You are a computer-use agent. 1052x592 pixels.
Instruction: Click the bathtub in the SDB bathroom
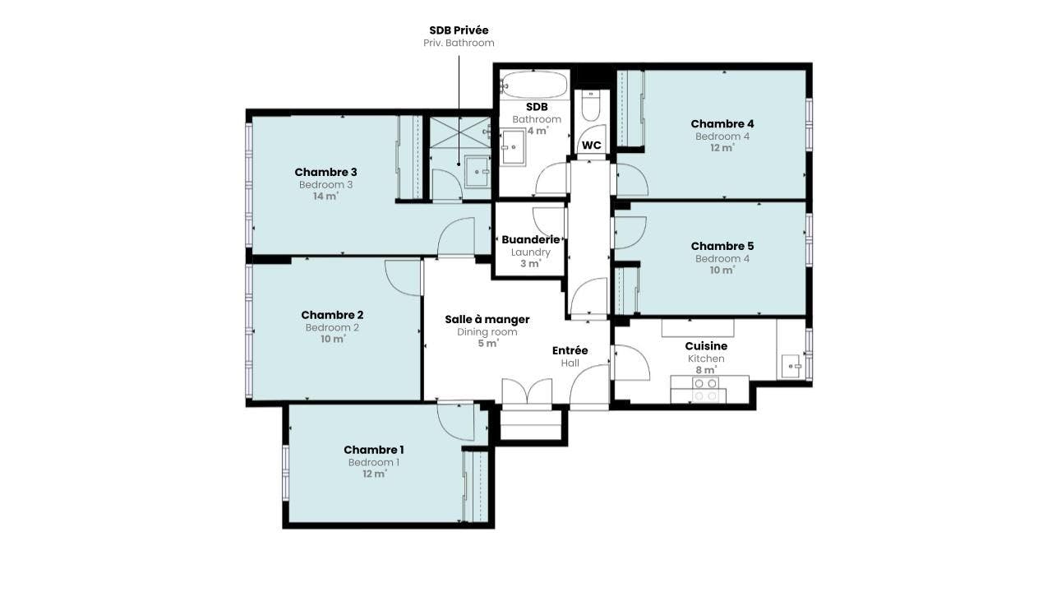[x=534, y=84]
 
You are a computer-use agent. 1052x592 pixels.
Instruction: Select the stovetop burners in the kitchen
[x=705, y=390]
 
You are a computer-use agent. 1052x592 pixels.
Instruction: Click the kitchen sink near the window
[x=791, y=366]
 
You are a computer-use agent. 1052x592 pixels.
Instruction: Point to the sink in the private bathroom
[x=478, y=172]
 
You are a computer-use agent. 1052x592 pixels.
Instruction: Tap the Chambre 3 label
[x=326, y=172]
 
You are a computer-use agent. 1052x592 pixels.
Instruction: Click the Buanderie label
[x=531, y=239]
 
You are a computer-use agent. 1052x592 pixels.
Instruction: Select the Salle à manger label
[x=487, y=320]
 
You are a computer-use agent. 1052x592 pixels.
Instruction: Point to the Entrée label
[x=570, y=350]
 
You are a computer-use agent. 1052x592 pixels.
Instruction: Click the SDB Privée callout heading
[x=459, y=30]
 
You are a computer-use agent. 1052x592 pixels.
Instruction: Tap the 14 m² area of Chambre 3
[x=326, y=196]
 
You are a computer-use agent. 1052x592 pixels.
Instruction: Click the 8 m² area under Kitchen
[x=706, y=370]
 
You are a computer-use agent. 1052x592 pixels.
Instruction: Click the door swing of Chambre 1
[x=454, y=422]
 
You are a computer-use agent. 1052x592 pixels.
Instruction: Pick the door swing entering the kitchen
[x=632, y=363]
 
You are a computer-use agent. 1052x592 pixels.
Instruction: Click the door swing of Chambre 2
[x=403, y=278]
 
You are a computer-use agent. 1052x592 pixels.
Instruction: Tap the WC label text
[x=591, y=146]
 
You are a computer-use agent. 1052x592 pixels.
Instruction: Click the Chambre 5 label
[x=722, y=246]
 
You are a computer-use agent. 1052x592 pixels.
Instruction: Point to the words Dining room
[x=487, y=332]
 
